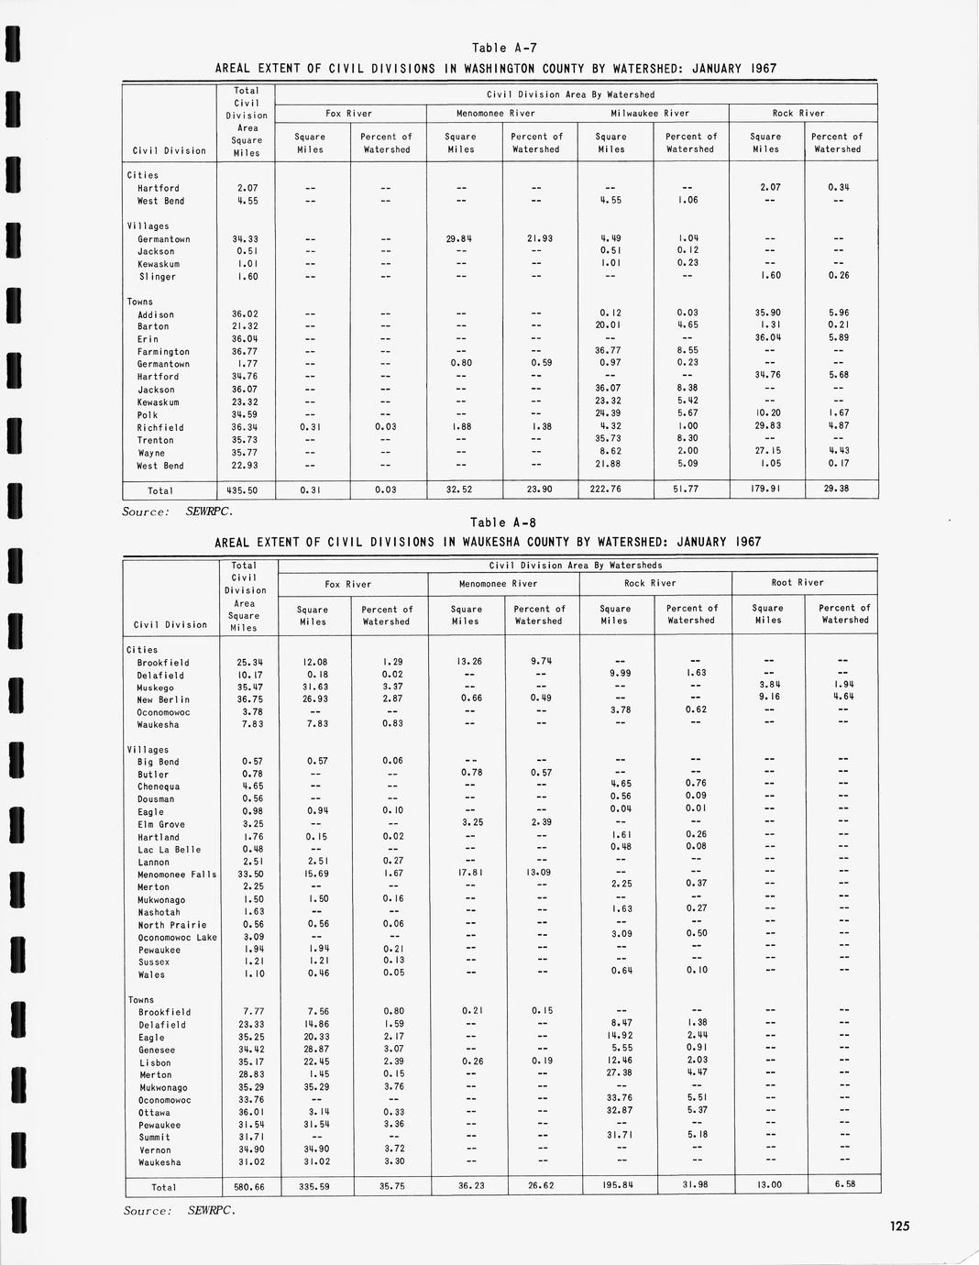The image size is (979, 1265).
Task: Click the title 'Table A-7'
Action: pos(497,48)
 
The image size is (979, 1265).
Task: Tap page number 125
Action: pos(898,1226)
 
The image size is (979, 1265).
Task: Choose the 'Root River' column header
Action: pos(797,582)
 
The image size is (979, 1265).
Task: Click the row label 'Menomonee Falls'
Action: pos(177,874)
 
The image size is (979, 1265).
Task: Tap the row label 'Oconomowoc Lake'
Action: pos(177,937)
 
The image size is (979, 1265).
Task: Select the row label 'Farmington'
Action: pos(163,352)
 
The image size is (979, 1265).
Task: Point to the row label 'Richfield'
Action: pos(160,428)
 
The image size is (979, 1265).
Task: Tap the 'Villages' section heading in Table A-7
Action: pos(148,226)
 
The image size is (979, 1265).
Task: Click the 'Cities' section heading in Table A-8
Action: pos(142,650)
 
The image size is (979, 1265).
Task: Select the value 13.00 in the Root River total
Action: pos(766,1184)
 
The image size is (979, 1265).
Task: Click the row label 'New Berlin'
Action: pos(163,699)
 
